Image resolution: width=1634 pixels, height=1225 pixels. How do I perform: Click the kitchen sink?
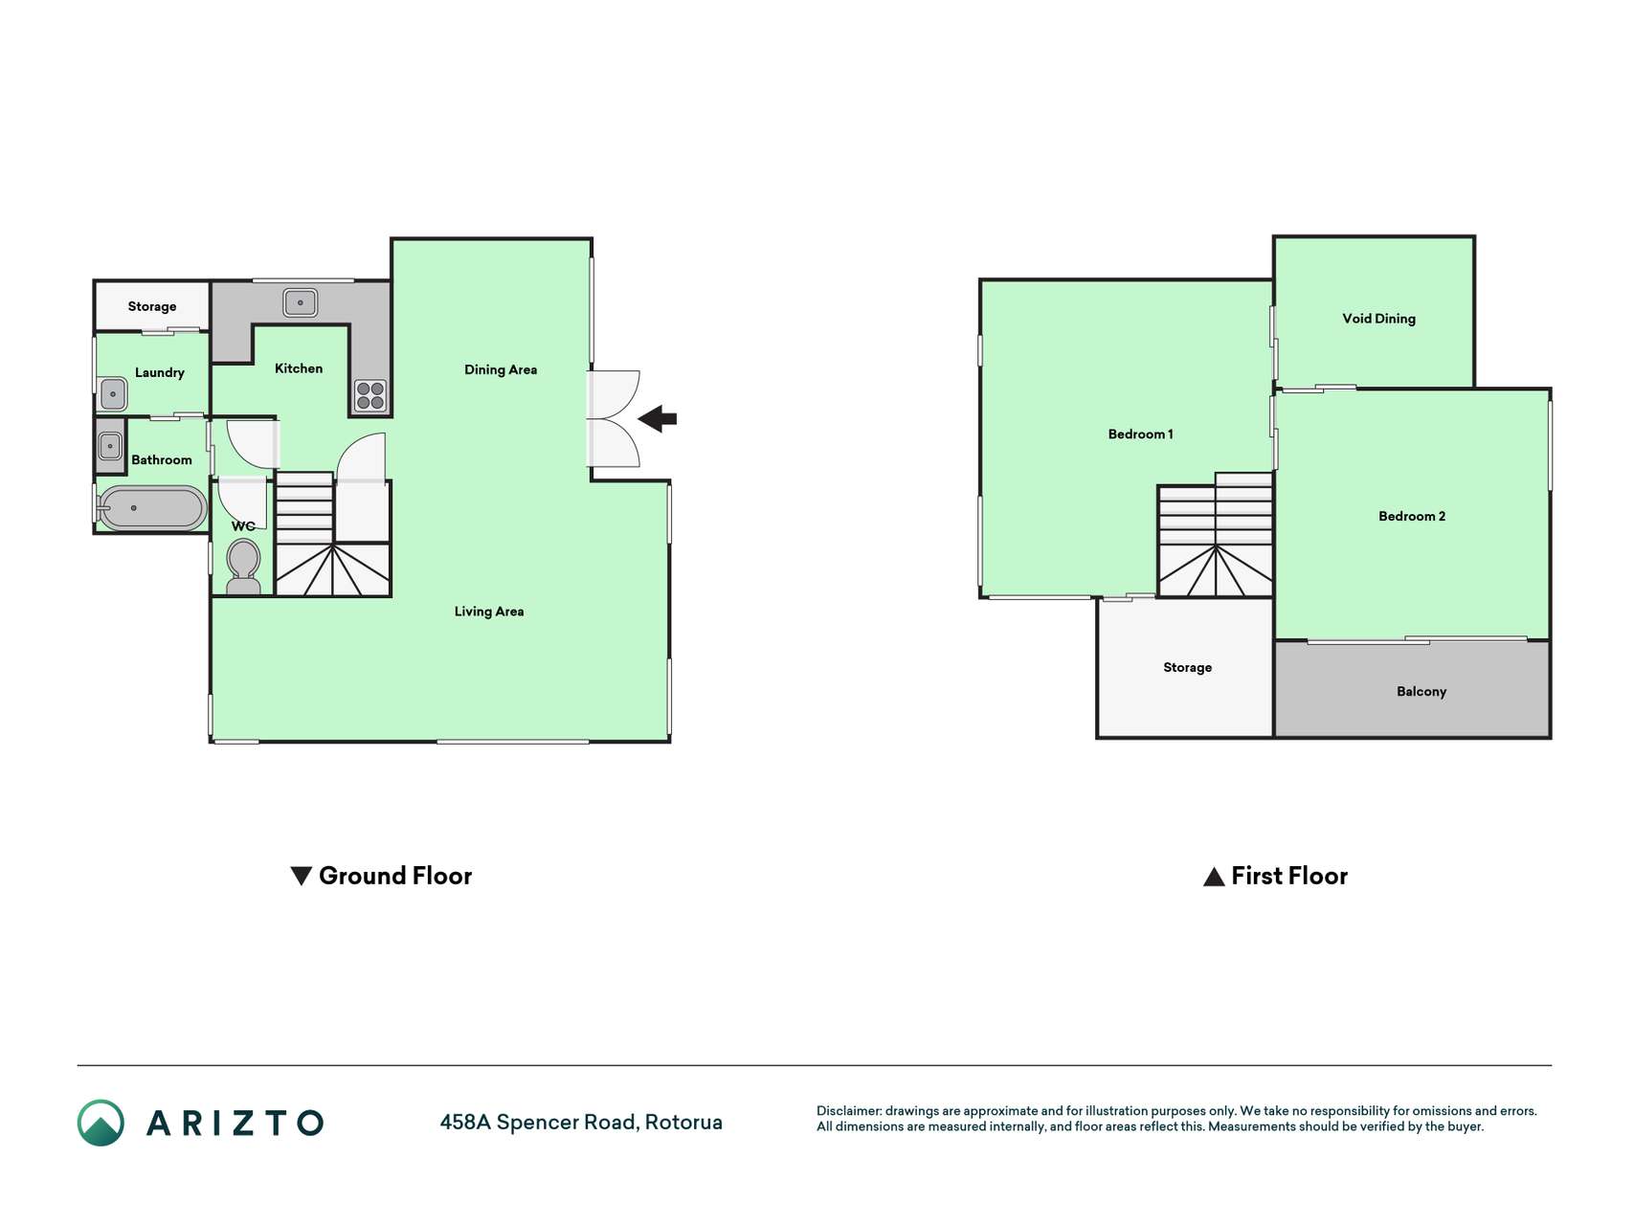coord(301,302)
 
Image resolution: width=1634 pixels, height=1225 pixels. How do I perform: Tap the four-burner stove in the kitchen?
coord(370,396)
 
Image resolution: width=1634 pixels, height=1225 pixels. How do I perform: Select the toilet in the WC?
coord(244,568)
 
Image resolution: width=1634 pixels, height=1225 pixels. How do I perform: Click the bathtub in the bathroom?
coord(152,508)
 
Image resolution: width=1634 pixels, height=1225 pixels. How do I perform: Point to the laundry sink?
coord(113,393)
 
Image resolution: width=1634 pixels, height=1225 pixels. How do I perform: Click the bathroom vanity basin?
coord(110,446)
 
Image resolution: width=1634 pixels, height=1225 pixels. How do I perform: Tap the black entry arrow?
coord(658,418)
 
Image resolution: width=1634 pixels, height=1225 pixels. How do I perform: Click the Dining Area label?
coord(501,369)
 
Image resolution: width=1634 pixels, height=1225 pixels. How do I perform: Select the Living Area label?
coord(489,612)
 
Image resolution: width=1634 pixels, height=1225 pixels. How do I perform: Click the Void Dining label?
coord(1378,319)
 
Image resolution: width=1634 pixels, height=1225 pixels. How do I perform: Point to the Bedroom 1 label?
coord(1140,434)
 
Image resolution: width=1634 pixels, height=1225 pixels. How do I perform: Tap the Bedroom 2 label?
coord(1412,517)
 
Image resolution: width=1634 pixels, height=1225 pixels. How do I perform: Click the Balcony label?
coord(1421,692)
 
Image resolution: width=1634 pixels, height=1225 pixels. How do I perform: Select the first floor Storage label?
coord(1187,668)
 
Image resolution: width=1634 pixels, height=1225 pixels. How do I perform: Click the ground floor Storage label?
coord(152,307)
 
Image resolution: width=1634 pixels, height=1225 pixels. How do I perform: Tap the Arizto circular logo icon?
coord(101,1123)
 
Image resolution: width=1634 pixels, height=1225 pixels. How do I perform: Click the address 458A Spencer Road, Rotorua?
coord(581,1123)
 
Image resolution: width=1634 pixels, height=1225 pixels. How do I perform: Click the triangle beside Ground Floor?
coord(301,876)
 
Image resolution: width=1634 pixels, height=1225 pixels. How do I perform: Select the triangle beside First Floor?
coord(1214,877)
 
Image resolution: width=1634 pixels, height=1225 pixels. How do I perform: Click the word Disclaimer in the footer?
coord(849,1111)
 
